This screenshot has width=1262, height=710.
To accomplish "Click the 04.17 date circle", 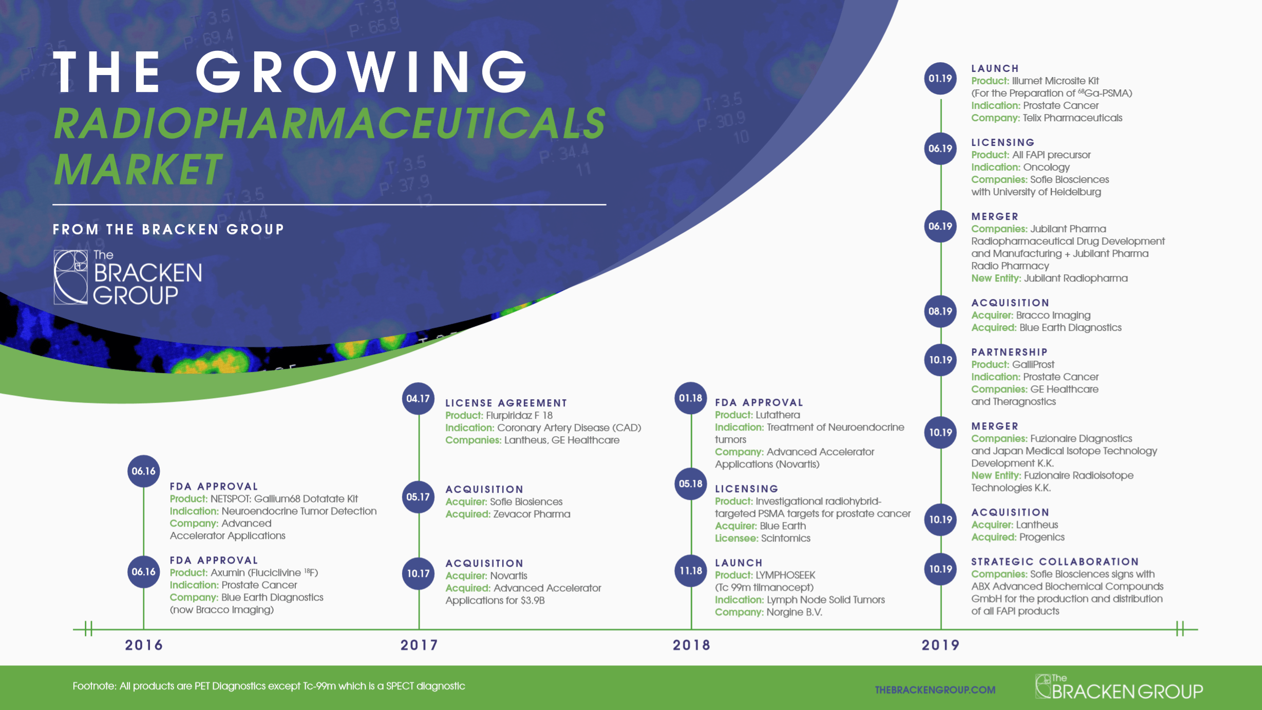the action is point(418,399).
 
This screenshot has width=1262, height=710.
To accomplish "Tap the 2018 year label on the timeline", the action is point(691,645).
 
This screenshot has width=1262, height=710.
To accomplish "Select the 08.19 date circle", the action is point(940,311).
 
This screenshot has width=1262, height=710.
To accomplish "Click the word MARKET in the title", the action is point(138,170).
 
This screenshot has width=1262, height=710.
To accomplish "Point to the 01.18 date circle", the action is point(691,398).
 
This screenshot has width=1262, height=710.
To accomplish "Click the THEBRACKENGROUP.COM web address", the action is point(935,690).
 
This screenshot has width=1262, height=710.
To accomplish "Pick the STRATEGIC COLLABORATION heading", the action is point(1055,562).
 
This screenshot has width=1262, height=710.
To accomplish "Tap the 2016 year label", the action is point(144,645).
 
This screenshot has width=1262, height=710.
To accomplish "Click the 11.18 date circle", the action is point(691,571).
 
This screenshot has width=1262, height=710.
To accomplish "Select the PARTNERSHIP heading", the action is point(1009,352).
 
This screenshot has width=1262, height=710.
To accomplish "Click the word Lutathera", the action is point(778,415).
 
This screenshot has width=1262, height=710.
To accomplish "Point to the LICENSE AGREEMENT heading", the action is point(506,403).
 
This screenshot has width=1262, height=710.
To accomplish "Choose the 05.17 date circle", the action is point(418,497).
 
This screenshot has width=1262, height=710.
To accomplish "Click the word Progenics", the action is point(1042,537).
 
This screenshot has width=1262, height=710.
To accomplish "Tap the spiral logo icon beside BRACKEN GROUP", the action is point(71,277).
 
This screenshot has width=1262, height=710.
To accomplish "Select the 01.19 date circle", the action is point(940,79).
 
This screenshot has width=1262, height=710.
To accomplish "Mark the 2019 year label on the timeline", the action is point(940,645).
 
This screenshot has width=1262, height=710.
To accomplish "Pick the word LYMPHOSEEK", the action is point(785,575).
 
